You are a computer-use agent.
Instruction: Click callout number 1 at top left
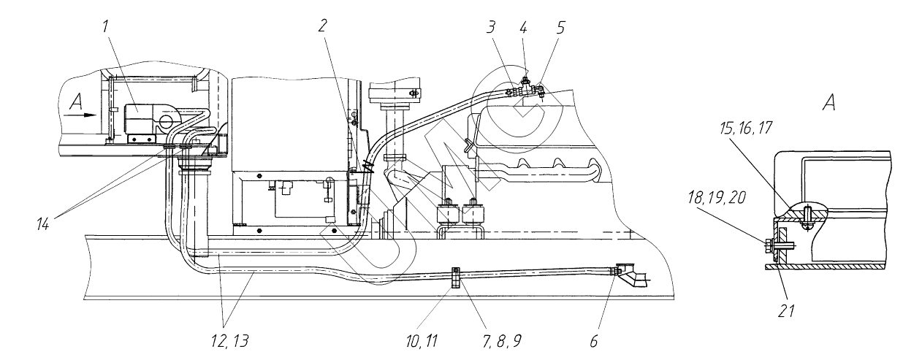coord(105,27)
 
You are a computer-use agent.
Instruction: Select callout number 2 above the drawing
coord(322,26)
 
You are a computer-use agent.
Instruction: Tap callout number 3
coord(490,28)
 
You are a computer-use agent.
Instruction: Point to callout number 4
coord(523,28)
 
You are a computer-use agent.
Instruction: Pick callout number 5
coord(560,28)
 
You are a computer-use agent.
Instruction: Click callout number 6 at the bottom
coord(593,341)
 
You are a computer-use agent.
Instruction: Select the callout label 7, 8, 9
coord(502,341)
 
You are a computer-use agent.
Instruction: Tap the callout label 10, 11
coord(422,341)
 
